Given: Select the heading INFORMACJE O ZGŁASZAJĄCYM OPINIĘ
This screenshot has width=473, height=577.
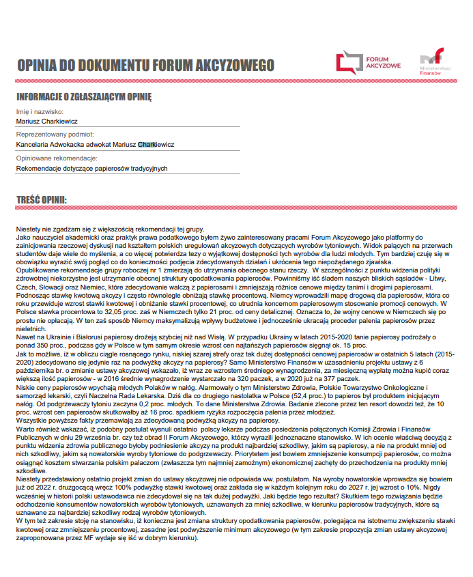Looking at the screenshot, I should tap(84, 97).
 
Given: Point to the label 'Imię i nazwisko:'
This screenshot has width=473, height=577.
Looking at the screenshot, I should tap(40, 111).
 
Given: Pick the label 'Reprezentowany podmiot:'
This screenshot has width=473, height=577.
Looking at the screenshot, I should tap(55, 135).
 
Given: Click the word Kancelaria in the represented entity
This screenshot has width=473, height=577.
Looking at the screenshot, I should tap(34, 144).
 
